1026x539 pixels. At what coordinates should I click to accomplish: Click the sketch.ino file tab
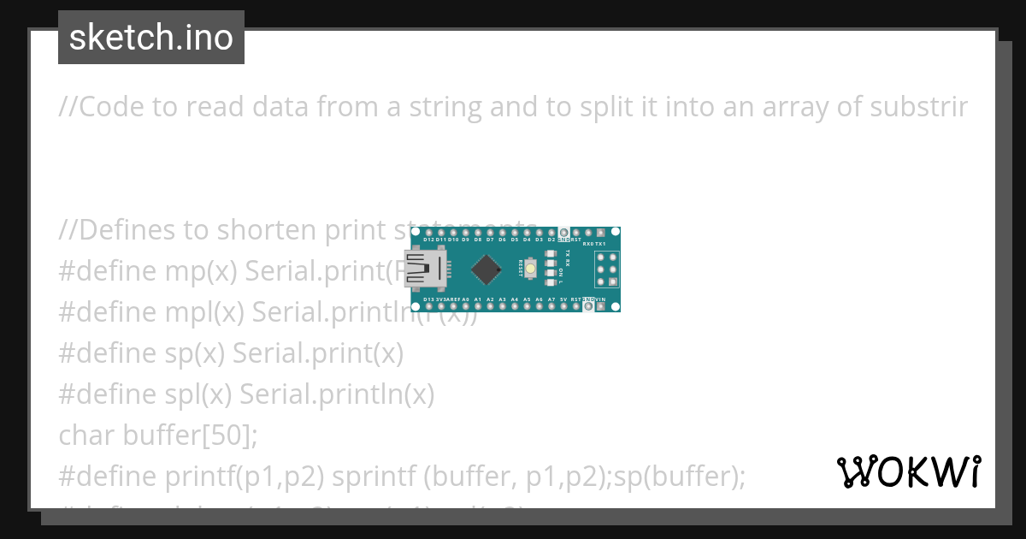coord(151,38)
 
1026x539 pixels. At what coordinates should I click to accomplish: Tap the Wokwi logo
coord(908,471)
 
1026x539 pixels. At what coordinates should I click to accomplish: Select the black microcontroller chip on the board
coord(486,269)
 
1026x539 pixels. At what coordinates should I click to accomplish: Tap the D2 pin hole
coord(551,233)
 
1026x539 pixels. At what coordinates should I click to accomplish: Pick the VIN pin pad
coord(601,306)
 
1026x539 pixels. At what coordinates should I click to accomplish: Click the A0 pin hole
coord(465,306)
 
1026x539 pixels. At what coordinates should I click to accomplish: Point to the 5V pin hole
coord(563,306)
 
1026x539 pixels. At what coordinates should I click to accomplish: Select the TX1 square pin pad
coord(601,233)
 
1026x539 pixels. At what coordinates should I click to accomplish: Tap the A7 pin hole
coord(551,306)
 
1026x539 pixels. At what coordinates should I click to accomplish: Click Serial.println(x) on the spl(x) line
coord(337,394)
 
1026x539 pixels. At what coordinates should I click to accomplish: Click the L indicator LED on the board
coord(550,282)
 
